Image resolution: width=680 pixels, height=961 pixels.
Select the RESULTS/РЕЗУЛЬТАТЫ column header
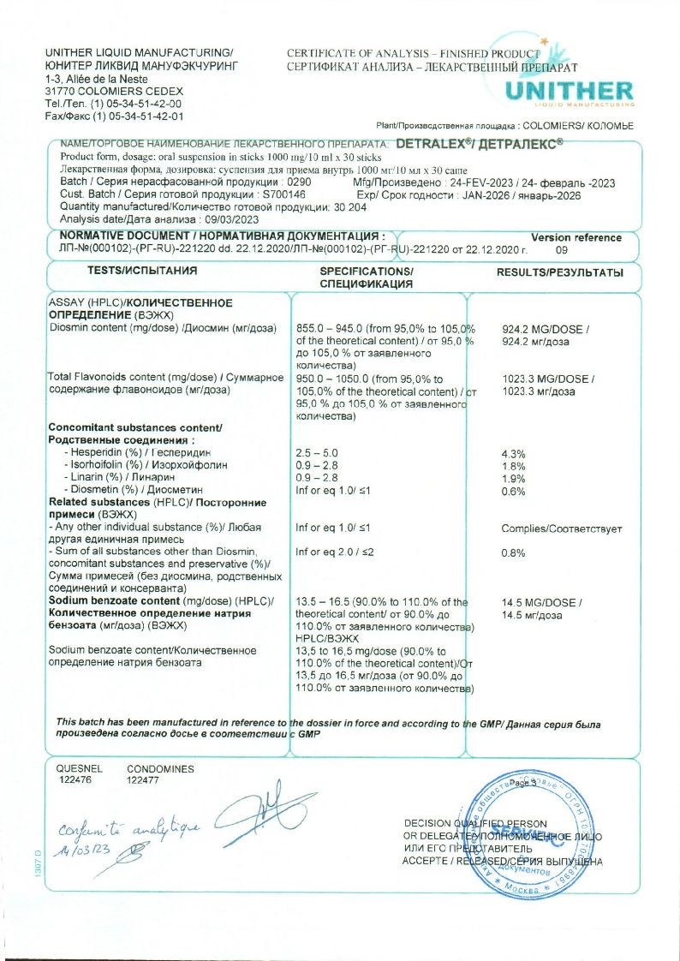coord(560,272)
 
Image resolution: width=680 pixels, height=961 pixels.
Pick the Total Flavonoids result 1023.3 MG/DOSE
coord(547,379)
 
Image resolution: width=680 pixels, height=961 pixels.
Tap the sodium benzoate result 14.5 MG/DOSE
coord(541,603)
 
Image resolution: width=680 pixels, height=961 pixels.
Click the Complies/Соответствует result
coord(562,528)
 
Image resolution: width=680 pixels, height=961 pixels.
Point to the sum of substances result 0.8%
coord(512,553)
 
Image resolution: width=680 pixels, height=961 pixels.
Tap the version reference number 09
coord(562,250)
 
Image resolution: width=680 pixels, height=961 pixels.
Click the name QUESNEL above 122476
coord(79,769)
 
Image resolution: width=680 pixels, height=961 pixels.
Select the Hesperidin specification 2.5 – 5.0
coord(317,452)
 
